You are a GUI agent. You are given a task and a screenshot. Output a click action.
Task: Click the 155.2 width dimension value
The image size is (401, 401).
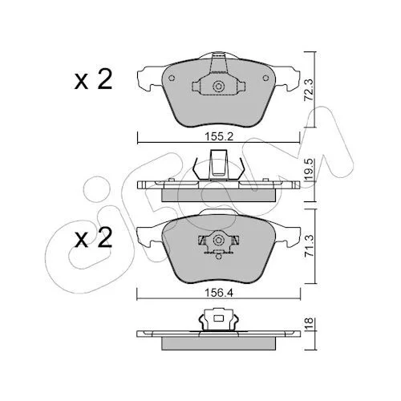[219, 137]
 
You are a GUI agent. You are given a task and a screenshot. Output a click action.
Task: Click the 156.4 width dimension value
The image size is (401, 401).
[219, 294]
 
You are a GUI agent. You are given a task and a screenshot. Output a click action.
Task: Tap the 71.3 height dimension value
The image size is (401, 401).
[310, 246]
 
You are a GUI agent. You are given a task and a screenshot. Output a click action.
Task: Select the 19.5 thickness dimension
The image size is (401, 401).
[310, 170]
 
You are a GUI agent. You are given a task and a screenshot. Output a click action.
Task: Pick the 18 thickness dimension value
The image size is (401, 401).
[310, 324]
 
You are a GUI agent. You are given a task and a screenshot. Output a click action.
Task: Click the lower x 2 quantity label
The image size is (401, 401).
[93, 237]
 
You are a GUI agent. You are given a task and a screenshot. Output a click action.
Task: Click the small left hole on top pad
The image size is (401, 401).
[172, 78]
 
